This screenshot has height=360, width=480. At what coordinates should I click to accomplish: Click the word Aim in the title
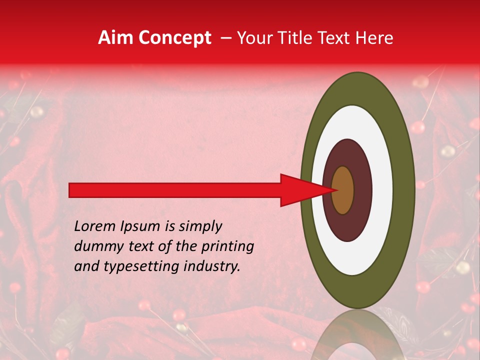click(x=116, y=38)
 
